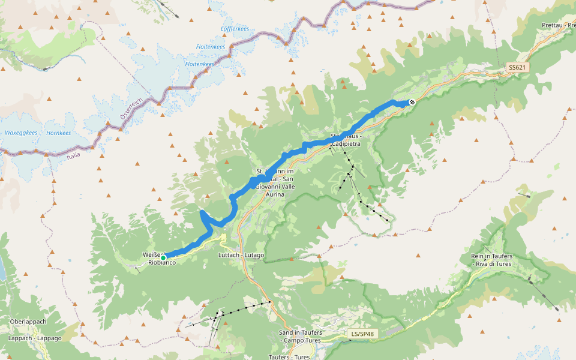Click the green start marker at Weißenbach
pyautogui.click(x=163, y=257)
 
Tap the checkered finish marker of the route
pyautogui.click(x=412, y=103)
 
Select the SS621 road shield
pyautogui.click(x=517, y=68)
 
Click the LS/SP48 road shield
pyautogui.click(x=364, y=333)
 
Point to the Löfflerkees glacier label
pyautogui.click(x=235, y=29)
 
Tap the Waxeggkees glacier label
pyautogui.click(x=21, y=133)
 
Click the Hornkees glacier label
pyautogui.click(x=58, y=133)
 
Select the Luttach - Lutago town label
pyautogui.click(x=241, y=255)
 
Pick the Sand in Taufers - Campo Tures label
pyautogui.click(x=301, y=337)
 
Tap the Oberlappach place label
pyautogui.click(x=28, y=322)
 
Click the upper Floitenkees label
pyautogui.click(x=211, y=47)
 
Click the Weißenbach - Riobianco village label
pyautogui.click(x=158, y=259)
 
